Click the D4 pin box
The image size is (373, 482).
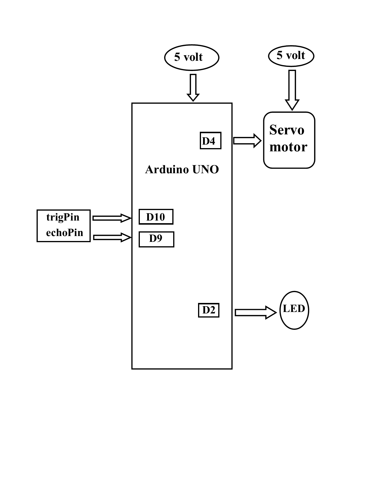click(210, 141)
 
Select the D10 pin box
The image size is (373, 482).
click(156, 217)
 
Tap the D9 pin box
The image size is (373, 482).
click(156, 239)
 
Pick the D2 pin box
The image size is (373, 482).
click(209, 310)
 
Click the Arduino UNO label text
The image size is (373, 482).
click(182, 170)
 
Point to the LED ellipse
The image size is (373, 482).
click(294, 310)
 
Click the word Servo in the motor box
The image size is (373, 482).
click(287, 130)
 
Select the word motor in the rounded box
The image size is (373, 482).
click(288, 147)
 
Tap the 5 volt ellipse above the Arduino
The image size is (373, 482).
click(192, 57)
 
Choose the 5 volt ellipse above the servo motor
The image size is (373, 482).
click(291, 56)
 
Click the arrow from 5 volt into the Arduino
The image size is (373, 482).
click(193, 87)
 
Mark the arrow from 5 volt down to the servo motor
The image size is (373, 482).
click(292, 89)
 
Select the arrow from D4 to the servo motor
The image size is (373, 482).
click(247, 141)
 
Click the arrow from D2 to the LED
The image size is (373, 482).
click(255, 313)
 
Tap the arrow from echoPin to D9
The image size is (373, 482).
click(112, 237)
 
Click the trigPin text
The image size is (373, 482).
click(63, 217)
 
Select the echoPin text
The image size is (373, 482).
click(64, 233)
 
